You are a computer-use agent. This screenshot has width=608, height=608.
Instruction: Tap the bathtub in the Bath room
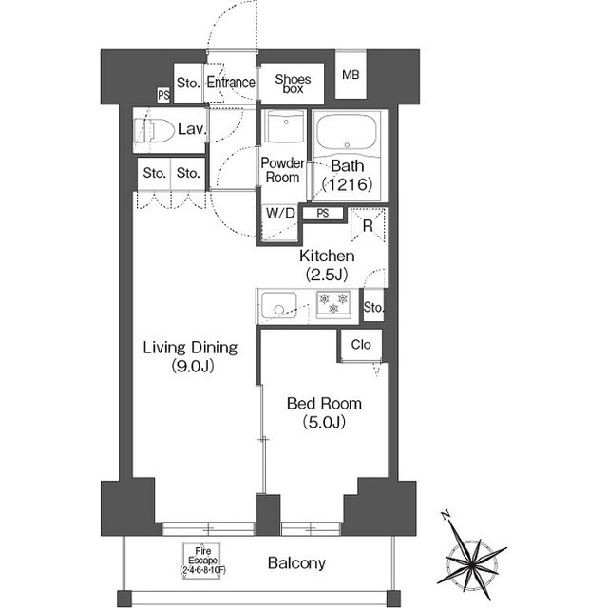point(347,132)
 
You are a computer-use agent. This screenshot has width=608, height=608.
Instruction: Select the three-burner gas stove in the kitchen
point(333,304)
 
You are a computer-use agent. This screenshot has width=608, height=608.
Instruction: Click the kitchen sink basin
point(278,306)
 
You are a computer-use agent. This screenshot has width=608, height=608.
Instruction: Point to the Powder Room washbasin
point(285,126)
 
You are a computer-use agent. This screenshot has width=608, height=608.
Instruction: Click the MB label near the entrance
point(351,75)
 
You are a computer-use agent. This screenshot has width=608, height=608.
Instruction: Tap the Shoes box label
point(293,84)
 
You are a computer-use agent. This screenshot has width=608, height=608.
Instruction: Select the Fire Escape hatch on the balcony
point(201,560)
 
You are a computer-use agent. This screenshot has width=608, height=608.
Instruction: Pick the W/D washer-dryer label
point(280,213)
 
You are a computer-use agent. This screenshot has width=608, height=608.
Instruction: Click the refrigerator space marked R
point(368,225)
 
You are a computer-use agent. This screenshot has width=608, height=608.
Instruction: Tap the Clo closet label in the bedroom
point(361,344)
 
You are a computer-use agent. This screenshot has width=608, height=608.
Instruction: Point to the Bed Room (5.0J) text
point(324,412)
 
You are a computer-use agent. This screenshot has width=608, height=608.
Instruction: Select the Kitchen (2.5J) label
point(327,265)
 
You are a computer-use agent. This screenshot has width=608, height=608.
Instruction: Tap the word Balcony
point(296,563)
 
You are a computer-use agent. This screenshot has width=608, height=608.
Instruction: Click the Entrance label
point(231,83)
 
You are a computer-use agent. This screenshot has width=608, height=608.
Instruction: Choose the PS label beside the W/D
point(323,213)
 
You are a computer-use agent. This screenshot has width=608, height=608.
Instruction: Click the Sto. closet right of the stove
point(373,307)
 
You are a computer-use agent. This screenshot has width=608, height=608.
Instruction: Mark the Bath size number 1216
point(348,184)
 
